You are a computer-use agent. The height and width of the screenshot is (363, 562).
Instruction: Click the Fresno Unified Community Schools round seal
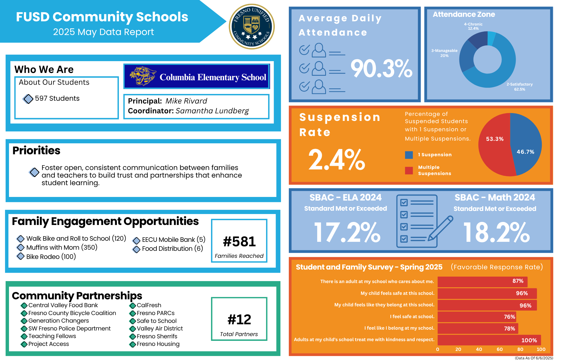click(252, 27)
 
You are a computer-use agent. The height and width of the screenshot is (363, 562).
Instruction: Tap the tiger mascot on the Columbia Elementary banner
click(142, 76)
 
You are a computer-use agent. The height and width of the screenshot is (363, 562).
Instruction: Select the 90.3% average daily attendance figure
click(381, 68)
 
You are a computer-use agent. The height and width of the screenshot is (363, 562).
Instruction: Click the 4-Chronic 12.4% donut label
click(473, 26)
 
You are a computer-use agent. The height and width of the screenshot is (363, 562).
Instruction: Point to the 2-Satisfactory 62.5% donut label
click(520, 87)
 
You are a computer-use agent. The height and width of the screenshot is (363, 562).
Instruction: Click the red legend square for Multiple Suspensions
click(409, 170)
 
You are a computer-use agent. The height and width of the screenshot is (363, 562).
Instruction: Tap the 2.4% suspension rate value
click(336, 160)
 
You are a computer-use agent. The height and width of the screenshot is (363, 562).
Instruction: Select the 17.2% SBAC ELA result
click(347, 232)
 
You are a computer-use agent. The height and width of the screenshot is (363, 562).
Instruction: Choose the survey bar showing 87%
click(482, 281)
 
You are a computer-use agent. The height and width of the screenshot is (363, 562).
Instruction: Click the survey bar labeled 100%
click(489, 340)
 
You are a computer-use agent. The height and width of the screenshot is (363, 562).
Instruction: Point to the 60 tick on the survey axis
click(500, 349)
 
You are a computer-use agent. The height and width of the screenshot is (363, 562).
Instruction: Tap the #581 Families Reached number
click(239, 242)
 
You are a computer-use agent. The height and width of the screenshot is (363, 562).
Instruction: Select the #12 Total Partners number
click(239, 320)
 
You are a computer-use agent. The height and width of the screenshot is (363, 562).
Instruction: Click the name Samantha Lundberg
click(212, 111)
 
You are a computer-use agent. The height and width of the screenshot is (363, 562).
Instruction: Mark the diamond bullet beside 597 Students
click(28, 99)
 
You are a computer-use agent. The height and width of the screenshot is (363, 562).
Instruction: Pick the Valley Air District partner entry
click(160, 328)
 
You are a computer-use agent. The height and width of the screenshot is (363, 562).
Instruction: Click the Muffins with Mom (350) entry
click(62, 247)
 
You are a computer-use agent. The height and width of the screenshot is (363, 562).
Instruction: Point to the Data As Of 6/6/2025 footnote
click(534, 358)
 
